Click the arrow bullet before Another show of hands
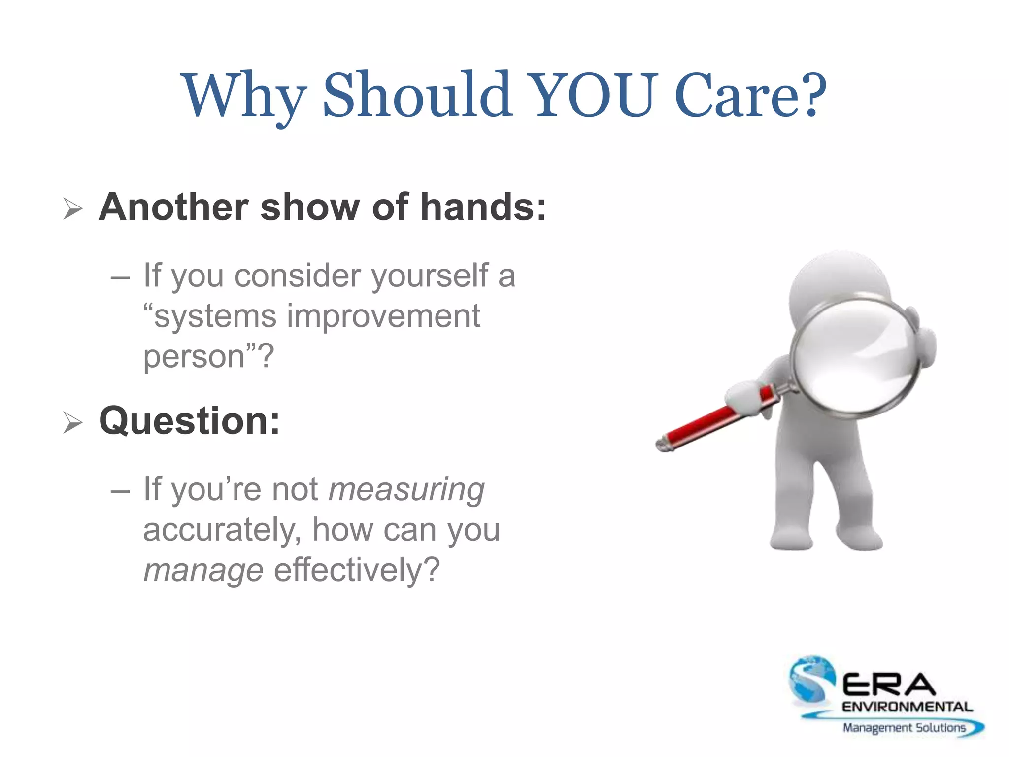[73, 209]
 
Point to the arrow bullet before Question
[73, 423]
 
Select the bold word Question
[189, 421]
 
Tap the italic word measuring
[406, 490]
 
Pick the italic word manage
[203, 571]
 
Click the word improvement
[383, 316]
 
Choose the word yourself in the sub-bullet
[430, 275]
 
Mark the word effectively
[356, 570]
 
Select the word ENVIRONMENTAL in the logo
[907, 707]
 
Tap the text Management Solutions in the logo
[904, 728]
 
